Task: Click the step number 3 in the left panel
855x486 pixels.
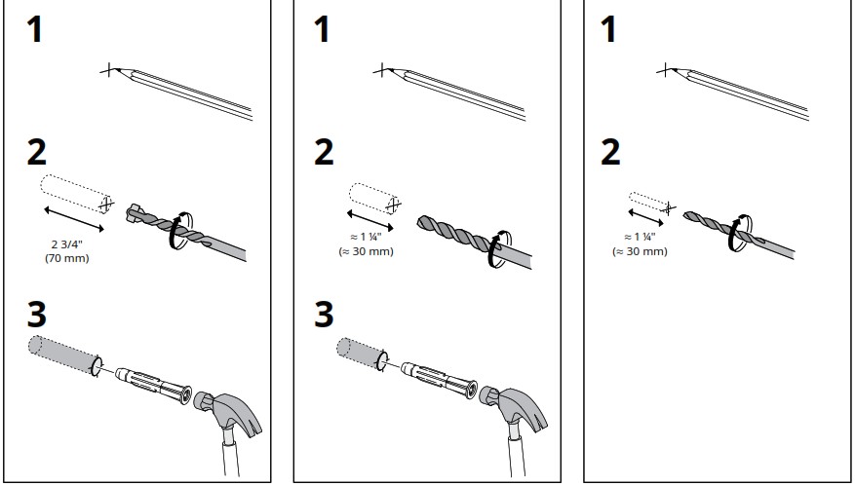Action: pyautogui.click(x=37, y=315)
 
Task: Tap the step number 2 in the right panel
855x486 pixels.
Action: pyautogui.click(x=610, y=152)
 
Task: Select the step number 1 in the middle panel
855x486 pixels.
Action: pyautogui.click(x=323, y=29)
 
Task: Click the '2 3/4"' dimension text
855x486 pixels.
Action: pyautogui.click(x=67, y=244)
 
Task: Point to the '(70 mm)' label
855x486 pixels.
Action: pyautogui.click(x=67, y=258)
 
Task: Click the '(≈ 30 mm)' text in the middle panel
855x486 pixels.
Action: pyautogui.click(x=366, y=251)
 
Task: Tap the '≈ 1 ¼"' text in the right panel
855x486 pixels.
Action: pyautogui.click(x=640, y=237)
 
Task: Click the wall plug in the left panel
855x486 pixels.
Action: pyautogui.click(x=154, y=386)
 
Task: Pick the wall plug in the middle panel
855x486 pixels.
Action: pyautogui.click(x=439, y=380)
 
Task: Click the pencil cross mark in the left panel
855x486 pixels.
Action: pyautogui.click(x=109, y=70)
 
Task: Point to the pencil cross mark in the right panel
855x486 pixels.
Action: pyautogui.click(x=665, y=70)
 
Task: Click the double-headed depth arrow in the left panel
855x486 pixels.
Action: pyautogui.click(x=74, y=219)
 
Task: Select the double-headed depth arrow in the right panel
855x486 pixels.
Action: pyautogui.click(x=645, y=217)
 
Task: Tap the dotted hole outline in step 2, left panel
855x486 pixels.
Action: pyautogui.click(x=75, y=194)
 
